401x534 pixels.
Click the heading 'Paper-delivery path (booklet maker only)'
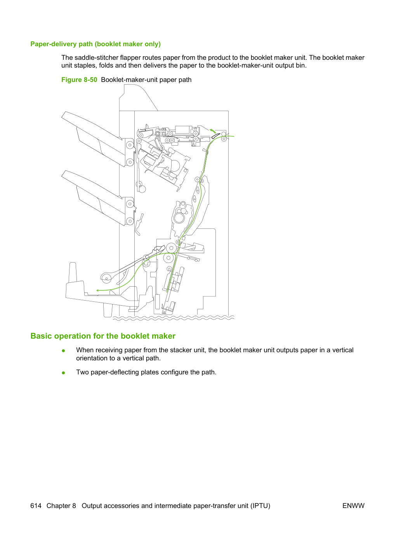pos(95,44)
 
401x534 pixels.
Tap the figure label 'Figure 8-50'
pos(79,80)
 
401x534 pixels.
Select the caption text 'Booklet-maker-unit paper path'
pos(146,80)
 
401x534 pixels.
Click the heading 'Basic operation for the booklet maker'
pos(103,336)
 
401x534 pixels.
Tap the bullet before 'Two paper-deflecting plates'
pos(64,373)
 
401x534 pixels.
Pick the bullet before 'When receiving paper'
pos(64,351)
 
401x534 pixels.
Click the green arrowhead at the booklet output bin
pos(97,290)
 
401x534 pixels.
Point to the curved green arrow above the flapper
pos(213,131)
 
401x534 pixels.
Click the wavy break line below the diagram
pos(174,318)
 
